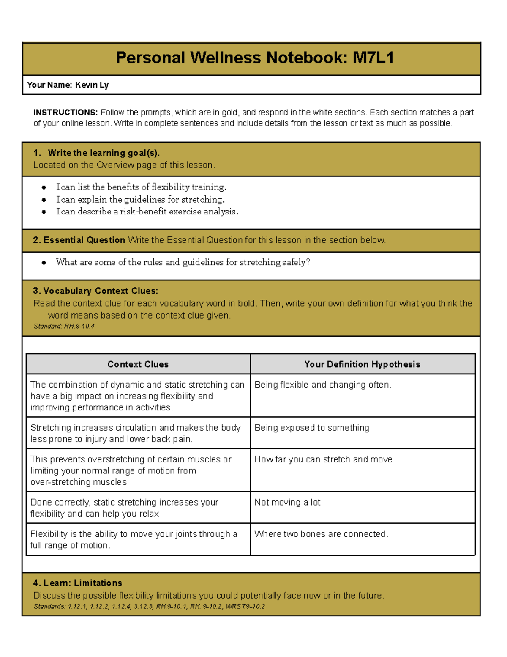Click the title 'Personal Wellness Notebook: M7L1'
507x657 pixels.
tap(255, 58)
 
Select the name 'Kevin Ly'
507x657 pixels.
tap(92, 85)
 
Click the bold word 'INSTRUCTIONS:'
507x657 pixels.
tap(65, 113)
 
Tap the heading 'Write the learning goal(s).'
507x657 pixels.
tap(104, 153)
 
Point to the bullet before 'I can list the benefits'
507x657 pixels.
tap(44, 187)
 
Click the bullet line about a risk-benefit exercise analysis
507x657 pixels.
tap(147, 212)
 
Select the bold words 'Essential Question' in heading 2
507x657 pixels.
tap(84, 240)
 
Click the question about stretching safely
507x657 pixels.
tap(183, 262)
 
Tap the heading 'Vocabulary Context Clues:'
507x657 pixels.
tap(101, 291)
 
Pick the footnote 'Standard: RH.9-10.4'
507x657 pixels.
tap(64, 326)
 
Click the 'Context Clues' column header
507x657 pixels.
tap(138, 364)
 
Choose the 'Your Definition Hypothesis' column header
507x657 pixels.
tap(362, 364)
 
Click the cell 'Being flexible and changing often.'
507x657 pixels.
tap(323, 385)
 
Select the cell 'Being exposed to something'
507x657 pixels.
tap(312, 428)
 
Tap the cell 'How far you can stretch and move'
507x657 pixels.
tap(323, 459)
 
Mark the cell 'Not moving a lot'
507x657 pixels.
tap(287, 502)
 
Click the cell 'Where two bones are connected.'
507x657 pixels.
tap(321, 534)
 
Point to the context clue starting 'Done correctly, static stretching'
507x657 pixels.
tap(124, 508)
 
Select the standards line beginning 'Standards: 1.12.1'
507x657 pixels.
tap(149, 606)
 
